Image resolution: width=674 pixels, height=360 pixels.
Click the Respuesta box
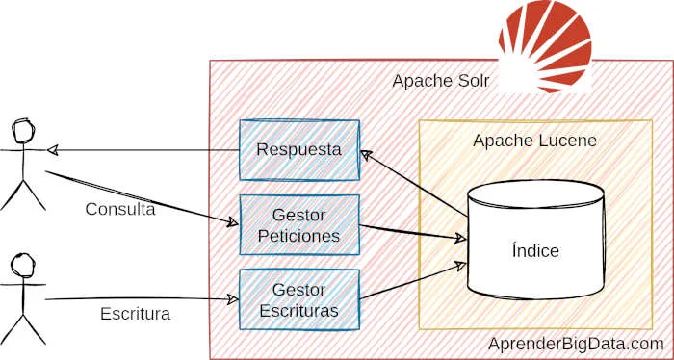click(298, 150)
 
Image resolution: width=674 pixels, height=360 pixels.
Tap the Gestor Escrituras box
click(298, 299)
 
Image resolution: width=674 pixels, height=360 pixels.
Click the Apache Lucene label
click(534, 141)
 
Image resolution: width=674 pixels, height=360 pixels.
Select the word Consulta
click(120, 210)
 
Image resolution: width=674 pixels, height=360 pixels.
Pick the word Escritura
click(135, 314)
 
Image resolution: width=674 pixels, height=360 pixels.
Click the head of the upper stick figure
click(23, 129)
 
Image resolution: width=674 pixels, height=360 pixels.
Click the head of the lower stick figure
click(22, 263)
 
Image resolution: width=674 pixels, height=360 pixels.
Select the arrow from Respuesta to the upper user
click(144, 150)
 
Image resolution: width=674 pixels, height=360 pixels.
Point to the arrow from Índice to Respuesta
click(414, 180)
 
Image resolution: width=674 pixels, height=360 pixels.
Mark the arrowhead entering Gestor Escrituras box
click(232, 299)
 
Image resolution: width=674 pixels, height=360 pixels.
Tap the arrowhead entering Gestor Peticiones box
click(232, 223)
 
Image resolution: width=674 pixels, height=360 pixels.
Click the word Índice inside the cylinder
click(535, 251)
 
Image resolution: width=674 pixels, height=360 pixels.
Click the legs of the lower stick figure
click(22, 328)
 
